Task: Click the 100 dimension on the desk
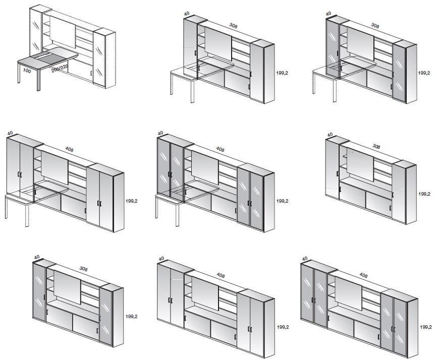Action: tap(27, 71)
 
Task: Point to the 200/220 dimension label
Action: tap(60, 69)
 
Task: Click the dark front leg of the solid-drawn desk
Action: tap(38, 79)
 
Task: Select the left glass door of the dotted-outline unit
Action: tap(35, 33)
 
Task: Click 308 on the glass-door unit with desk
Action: tap(375, 26)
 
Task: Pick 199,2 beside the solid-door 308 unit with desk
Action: tap(282, 73)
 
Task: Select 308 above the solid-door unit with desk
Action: tap(233, 26)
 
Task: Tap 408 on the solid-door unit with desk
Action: tap(69, 149)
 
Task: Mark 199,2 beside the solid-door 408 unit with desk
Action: tap(131, 201)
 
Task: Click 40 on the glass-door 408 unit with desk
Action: tap(160, 134)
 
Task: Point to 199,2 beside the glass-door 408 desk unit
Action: tap(282, 201)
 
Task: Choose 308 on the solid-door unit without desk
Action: tap(376, 146)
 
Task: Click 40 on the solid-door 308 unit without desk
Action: tap(330, 135)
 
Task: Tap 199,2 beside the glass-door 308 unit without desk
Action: tap(131, 316)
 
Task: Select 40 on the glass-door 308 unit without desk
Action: tap(37, 257)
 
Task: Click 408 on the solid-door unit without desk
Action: tap(221, 275)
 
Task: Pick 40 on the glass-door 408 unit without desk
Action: tap(305, 258)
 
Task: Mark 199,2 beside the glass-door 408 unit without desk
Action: tap(426, 327)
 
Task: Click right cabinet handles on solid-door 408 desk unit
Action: tap(99, 203)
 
